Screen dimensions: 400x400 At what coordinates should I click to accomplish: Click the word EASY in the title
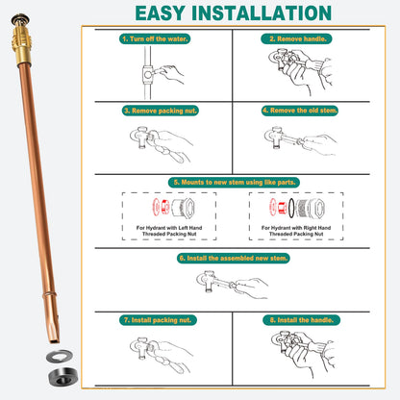point(160,13)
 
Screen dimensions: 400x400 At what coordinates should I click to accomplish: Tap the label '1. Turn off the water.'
point(155,38)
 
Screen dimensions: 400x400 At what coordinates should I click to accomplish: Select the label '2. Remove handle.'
point(296,38)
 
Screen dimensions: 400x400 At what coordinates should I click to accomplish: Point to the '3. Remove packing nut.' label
point(161,111)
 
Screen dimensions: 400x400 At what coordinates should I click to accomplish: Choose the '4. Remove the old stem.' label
point(300,111)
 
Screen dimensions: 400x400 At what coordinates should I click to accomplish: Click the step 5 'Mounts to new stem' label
point(234,183)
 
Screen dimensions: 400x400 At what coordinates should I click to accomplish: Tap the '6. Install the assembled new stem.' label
point(234,258)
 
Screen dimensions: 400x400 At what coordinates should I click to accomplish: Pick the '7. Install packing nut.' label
point(158,320)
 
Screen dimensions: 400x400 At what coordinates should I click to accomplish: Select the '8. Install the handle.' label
point(301,320)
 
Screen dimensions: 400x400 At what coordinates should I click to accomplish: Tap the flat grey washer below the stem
point(60,356)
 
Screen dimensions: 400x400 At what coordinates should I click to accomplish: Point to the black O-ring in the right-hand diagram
point(291,208)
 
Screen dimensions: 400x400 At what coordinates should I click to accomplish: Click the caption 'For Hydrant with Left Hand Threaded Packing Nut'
point(169,231)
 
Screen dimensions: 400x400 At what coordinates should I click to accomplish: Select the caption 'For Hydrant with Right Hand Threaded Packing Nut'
point(296,231)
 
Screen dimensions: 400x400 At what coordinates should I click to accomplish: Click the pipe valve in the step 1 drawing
point(148,75)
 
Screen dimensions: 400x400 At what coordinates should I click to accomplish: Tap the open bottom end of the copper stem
point(55,339)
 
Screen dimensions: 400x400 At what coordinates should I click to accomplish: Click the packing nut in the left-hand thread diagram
point(183,208)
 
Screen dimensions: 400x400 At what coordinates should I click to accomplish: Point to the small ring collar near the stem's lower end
point(50,294)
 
